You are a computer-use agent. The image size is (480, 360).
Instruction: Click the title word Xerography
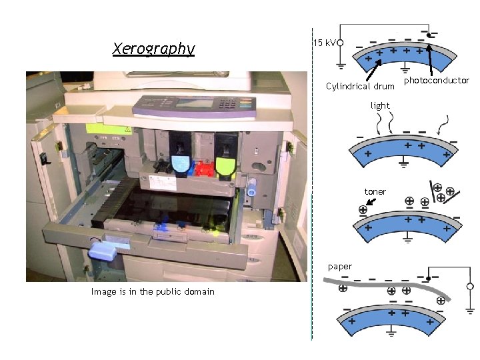point(154,49)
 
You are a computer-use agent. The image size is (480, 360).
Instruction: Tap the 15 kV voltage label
point(324,43)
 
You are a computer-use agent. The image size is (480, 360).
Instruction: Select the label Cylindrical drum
point(360,87)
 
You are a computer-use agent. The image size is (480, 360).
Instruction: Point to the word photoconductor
point(437,81)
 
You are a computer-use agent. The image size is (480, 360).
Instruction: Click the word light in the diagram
point(380,105)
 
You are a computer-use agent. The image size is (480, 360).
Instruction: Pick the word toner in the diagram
point(375,192)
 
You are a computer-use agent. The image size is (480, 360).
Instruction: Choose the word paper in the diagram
point(340,267)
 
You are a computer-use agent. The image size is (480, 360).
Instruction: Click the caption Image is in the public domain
point(153,291)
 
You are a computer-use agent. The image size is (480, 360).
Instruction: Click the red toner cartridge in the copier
point(204,169)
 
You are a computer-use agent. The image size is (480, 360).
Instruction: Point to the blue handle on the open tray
point(104,252)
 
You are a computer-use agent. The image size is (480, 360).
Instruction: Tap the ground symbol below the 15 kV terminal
point(340,65)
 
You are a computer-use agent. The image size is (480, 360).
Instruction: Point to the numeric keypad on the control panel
point(229,103)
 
